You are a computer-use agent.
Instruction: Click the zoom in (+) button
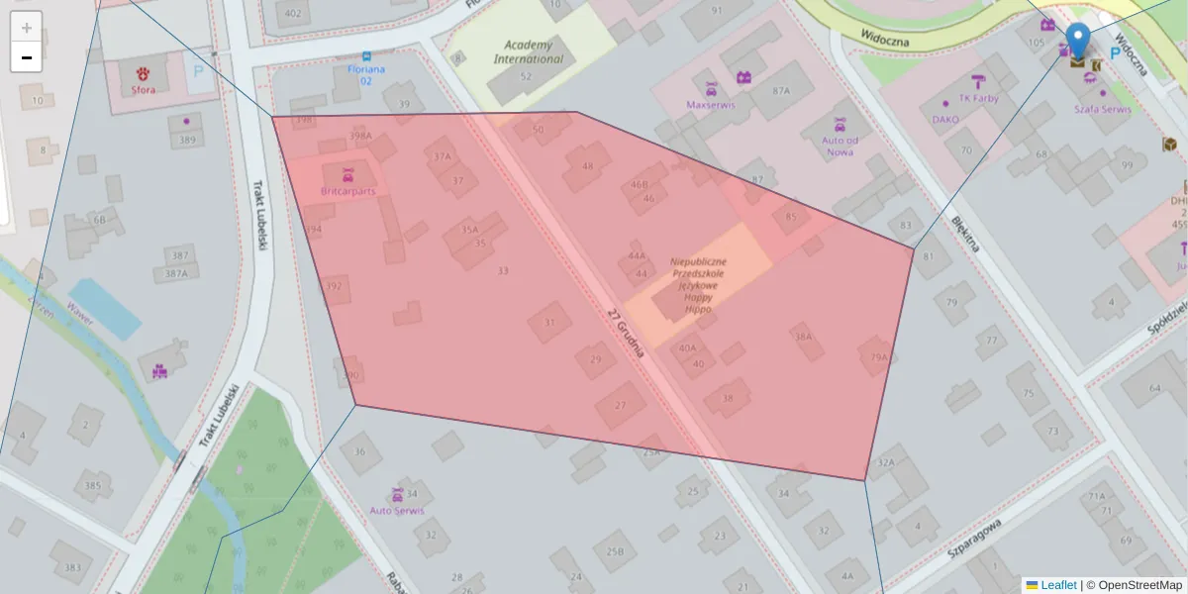click(26, 27)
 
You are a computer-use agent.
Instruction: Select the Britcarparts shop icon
click(347, 174)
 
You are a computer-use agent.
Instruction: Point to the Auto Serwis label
click(396, 511)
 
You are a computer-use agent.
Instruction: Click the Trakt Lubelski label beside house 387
click(259, 214)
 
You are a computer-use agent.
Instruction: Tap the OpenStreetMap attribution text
click(1139, 585)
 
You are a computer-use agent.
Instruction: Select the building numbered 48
click(588, 166)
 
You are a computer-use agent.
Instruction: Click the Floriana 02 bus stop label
click(366, 74)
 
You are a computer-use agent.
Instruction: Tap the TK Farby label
click(978, 98)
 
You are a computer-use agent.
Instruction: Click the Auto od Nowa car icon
click(840, 125)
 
